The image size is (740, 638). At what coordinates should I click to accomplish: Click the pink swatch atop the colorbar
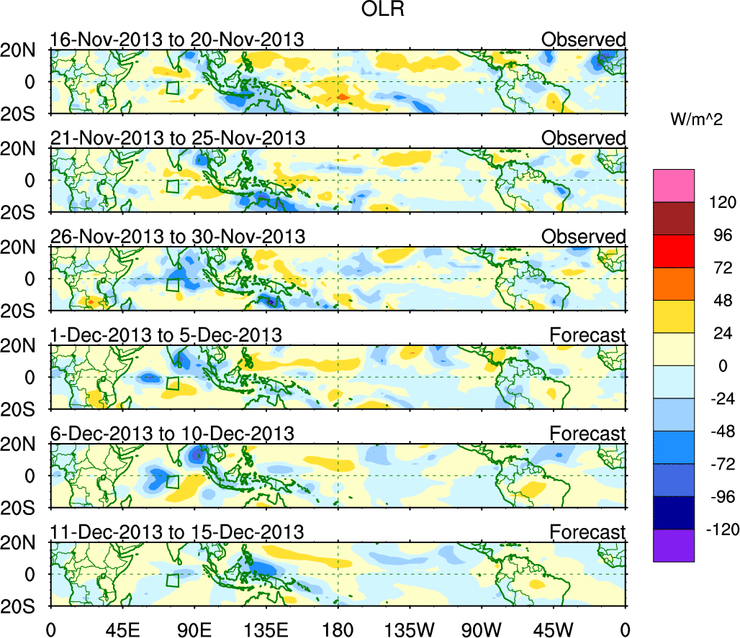[x=674, y=186]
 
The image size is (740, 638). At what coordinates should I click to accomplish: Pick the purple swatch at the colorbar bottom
[x=674, y=545]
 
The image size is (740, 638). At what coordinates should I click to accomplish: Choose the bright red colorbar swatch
[x=674, y=252]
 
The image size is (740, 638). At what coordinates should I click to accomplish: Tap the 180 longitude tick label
[x=338, y=629]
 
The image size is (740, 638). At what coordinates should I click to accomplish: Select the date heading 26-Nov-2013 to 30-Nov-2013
[x=177, y=237]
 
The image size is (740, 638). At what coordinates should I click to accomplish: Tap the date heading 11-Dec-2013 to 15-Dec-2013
[x=176, y=532]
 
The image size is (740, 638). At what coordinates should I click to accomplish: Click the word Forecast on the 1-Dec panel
[x=587, y=335]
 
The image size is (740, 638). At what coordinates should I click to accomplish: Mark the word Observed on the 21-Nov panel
[x=583, y=138]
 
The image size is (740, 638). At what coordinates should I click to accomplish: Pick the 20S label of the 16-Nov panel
[x=23, y=114]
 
